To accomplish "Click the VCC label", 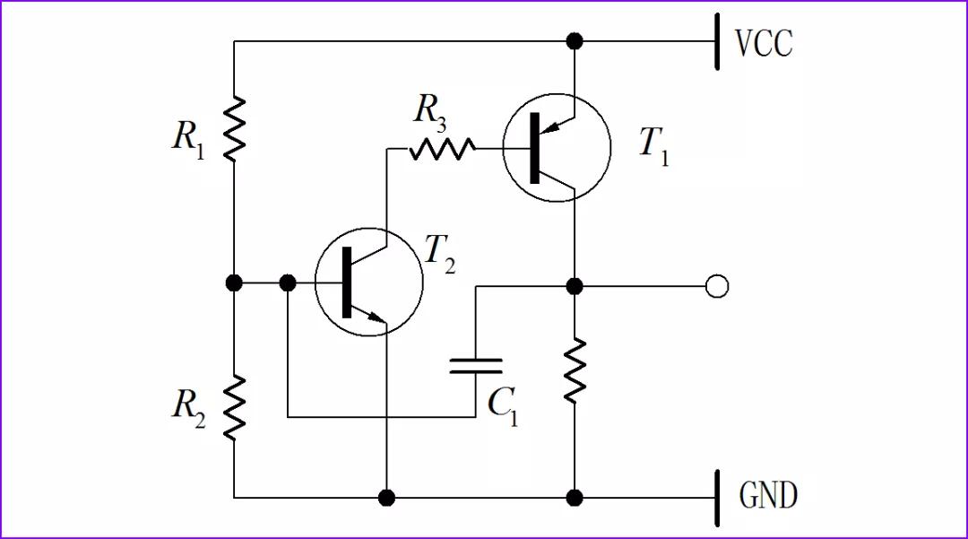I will click(764, 43).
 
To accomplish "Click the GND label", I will click(768, 495).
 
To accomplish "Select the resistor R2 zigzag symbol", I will click(234, 406).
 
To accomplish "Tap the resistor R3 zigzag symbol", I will click(442, 148).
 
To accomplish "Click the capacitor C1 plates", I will click(475, 365).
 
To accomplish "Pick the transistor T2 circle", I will click(368, 282).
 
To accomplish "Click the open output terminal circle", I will click(717, 286).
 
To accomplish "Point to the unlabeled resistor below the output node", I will click(575, 369).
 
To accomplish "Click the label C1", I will click(502, 406).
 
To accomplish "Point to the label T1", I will click(653, 146).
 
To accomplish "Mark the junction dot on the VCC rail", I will click(575, 41).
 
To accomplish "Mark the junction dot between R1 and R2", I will click(234, 283).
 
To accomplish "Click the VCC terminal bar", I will click(717, 41).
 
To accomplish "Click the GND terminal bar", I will click(717, 497).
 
